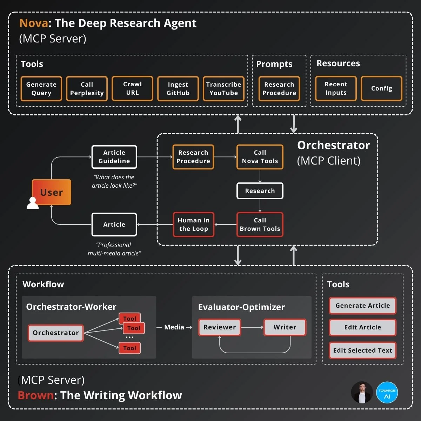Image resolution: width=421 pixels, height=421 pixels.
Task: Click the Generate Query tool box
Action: (x=41, y=89)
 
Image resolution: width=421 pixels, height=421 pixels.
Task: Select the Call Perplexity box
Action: (x=87, y=89)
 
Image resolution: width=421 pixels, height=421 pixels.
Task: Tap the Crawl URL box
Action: (x=132, y=89)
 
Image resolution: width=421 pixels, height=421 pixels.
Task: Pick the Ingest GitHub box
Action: (x=178, y=89)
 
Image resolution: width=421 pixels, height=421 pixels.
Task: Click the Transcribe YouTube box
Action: (x=223, y=89)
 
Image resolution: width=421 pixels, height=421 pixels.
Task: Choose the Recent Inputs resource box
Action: (x=336, y=88)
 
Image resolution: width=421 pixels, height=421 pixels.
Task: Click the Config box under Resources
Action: (x=381, y=88)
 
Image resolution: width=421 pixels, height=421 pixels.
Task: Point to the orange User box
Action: (x=52, y=192)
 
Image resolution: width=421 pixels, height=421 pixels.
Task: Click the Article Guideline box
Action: (x=114, y=157)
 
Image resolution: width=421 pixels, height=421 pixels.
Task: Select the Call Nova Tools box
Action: (x=260, y=157)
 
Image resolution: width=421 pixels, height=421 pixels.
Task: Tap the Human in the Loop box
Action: (x=193, y=225)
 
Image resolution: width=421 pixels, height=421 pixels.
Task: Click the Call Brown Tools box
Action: (x=260, y=225)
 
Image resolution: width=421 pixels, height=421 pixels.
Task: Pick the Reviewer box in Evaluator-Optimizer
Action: (x=220, y=327)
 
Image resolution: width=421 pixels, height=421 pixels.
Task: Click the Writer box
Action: (x=285, y=327)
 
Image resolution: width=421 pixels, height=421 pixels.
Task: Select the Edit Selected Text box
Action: (x=362, y=350)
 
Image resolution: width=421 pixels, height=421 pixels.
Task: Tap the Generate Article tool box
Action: (x=362, y=306)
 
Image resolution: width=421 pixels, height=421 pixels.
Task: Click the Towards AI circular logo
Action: (x=387, y=393)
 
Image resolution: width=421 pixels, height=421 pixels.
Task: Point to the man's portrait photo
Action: (x=362, y=393)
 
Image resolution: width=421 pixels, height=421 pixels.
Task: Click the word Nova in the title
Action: (x=34, y=23)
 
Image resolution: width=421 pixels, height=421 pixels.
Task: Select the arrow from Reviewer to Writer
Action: (x=252, y=327)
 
